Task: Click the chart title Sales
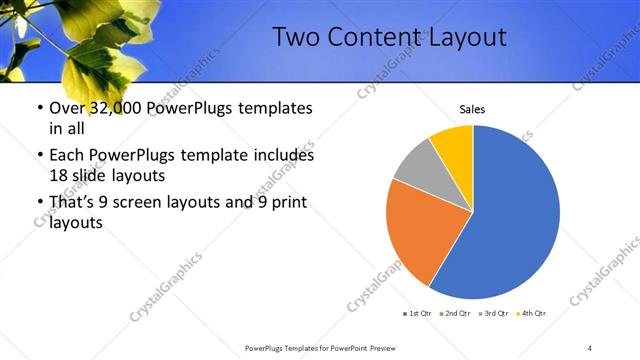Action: (473, 109)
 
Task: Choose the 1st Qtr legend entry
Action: (419, 313)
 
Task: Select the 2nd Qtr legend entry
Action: (458, 313)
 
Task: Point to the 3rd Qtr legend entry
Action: (497, 313)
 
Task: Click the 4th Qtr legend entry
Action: (535, 313)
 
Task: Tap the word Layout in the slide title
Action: (469, 38)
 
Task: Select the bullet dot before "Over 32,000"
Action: (38, 108)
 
